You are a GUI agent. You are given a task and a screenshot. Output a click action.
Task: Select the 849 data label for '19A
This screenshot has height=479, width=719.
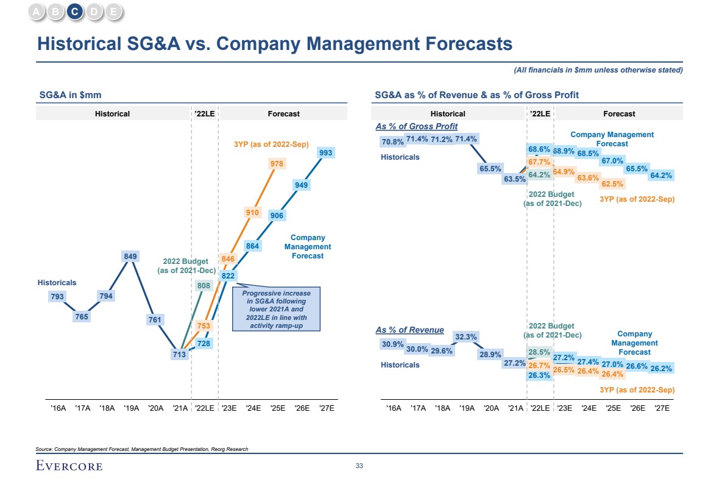coord(130,257)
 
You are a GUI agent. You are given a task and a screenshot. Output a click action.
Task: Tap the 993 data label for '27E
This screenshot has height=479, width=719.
coord(326,153)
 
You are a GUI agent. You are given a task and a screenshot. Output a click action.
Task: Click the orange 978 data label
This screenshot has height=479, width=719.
coord(277,164)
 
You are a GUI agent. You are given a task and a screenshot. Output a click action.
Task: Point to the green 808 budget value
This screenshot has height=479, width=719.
coord(204,285)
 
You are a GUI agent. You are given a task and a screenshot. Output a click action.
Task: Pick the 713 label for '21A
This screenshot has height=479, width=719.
coord(179,354)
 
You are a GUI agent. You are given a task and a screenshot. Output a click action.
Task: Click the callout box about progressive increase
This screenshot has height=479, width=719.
coord(276,309)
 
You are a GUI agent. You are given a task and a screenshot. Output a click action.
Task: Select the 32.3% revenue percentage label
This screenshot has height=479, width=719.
coord(466,336)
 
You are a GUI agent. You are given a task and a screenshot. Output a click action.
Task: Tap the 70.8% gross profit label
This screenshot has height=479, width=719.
coord(392,142)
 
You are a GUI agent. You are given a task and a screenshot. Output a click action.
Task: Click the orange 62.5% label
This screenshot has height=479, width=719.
coord(612,183)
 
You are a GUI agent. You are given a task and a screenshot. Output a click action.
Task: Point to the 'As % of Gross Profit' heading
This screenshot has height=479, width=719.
coord(416,126)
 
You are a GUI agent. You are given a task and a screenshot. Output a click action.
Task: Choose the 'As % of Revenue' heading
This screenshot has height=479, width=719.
coord(409,330)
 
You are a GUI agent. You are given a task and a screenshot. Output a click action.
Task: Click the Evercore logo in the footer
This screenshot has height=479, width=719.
coord(69,466)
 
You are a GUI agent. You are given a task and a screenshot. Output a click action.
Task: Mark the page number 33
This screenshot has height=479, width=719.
coord(359,466)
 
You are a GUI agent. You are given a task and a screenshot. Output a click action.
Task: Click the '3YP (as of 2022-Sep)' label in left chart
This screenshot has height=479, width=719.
coord(271,144)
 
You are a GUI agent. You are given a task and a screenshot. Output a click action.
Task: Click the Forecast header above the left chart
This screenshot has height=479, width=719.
coord(283,113)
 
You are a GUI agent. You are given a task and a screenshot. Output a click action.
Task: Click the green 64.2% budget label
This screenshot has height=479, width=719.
coord(539,175)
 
